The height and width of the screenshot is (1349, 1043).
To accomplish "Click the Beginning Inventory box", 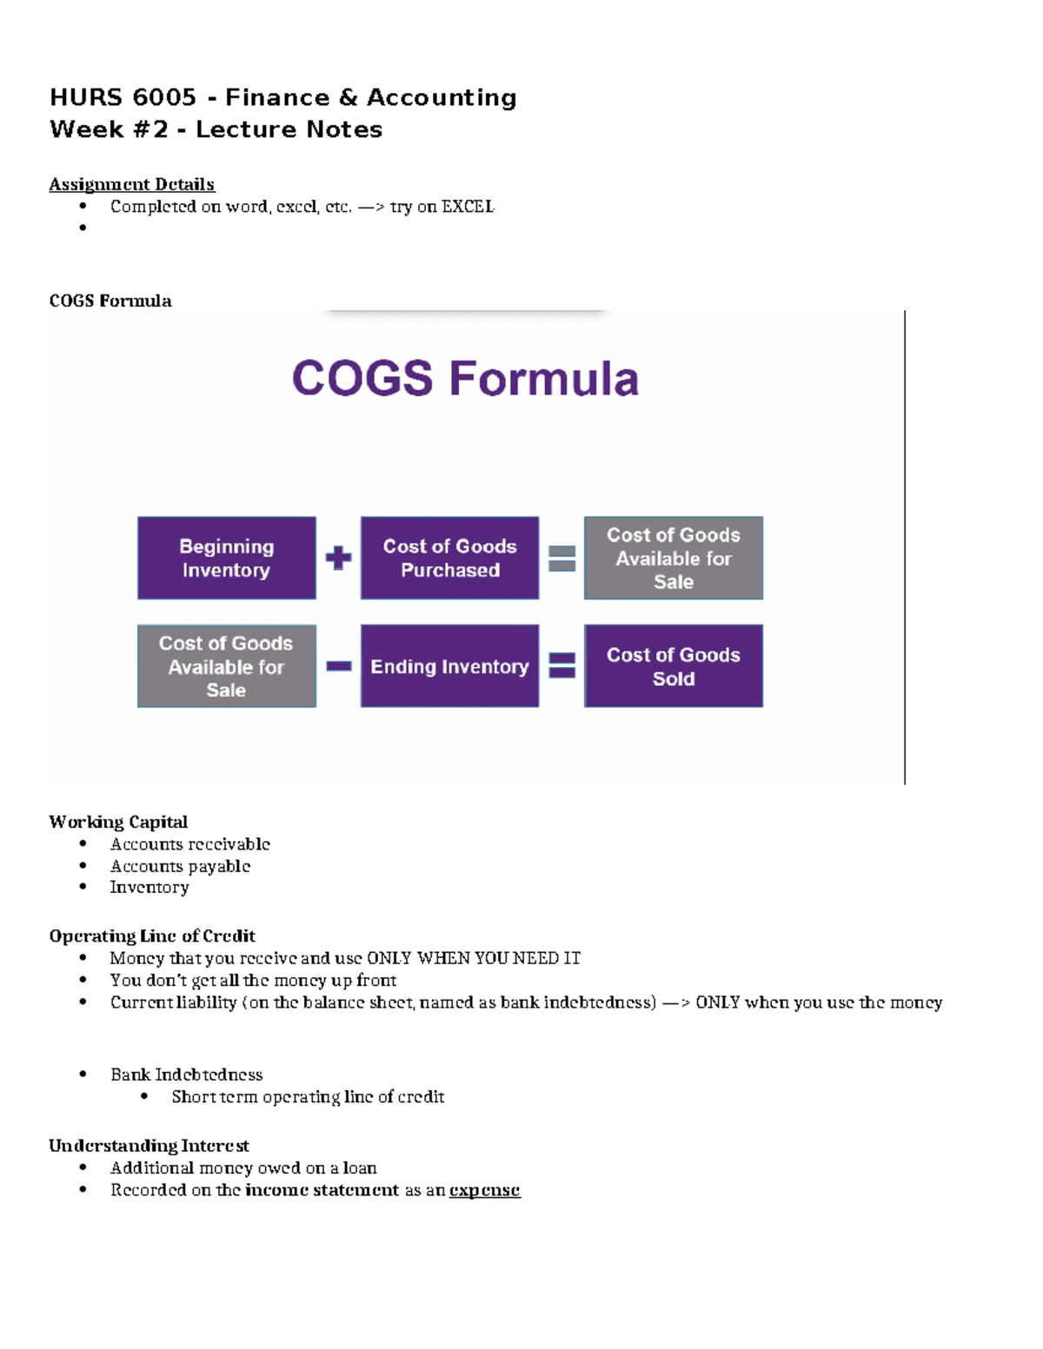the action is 226,558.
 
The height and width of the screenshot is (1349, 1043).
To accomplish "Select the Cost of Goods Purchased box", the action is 449,558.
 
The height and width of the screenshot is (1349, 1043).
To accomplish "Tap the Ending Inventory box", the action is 449,666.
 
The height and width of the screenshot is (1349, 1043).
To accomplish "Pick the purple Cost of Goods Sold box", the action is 673,666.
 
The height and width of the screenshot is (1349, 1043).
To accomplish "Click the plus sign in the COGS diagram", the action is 338,558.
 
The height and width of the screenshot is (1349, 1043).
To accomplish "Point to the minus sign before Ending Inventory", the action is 338,666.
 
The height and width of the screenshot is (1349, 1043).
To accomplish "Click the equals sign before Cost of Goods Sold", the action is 562,666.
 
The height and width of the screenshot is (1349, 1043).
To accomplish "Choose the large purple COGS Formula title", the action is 465,379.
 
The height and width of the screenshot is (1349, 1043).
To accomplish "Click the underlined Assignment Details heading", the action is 131,184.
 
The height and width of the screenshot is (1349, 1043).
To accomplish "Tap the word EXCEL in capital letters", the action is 468,207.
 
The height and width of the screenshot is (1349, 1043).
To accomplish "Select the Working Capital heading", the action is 118,822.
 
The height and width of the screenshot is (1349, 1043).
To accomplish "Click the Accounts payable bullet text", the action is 180,866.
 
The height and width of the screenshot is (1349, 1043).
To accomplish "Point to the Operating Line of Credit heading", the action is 152,936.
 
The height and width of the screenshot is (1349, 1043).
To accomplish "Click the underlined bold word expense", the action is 484,1190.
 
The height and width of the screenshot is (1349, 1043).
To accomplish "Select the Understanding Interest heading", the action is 149,1146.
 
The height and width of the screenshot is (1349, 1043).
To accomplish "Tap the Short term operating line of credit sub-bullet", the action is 308,1097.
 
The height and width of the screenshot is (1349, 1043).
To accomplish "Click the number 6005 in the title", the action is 164,97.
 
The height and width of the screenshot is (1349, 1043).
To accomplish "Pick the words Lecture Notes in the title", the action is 289,129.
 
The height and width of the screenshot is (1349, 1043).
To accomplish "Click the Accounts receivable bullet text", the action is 189,844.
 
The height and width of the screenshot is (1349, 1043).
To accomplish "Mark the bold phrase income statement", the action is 322,1190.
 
